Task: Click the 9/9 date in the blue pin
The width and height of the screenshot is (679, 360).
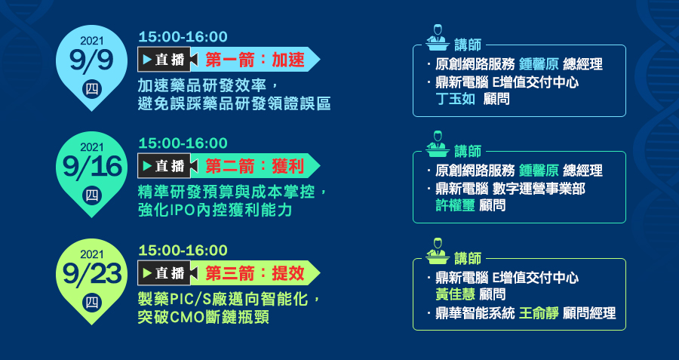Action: click(x=92, y=61)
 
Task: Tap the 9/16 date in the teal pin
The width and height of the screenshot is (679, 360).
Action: click(x=92, y=168)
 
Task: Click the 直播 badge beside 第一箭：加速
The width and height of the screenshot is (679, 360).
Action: click(x=164, y=60)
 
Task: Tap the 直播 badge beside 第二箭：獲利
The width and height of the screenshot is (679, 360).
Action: click(x=164, y=166)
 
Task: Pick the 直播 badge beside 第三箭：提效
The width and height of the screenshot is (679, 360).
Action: click(x=164, y=273)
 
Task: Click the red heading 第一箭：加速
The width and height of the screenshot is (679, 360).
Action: click(x=255, y=60)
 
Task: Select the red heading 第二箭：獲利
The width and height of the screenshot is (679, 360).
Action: click(x=255, y=166)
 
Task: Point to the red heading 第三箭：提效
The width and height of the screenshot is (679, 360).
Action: click(x=255, y=273)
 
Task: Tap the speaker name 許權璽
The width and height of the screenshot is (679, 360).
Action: click(x=455, y=205)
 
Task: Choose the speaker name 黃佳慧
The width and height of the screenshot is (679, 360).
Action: click(x=455, y=294)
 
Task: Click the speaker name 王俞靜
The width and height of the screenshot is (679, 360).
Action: click(x=539, y=312)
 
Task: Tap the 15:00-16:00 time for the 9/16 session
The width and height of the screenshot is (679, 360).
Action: click(x=183, y=143)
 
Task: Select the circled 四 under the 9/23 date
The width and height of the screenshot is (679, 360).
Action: click(x=92, y=303)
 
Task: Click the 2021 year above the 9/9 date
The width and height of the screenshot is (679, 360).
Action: click(x=92, y=41)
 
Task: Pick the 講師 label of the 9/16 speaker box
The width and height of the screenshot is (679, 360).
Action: click(x=468, y=151)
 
